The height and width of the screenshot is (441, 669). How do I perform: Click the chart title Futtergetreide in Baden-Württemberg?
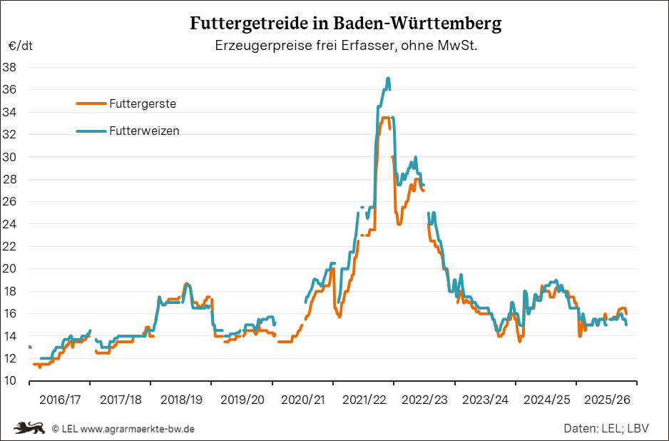pos(345,24)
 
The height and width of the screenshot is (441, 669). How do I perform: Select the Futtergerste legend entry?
pos(143,103)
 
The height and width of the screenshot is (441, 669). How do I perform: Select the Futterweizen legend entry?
pos(144,131)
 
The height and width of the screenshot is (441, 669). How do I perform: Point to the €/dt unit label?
pos(20,46)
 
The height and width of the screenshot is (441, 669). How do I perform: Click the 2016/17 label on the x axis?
pos(59,400)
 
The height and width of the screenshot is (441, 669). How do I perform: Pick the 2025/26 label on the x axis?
pos(607,400)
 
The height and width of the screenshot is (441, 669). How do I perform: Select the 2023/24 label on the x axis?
pos(485,400)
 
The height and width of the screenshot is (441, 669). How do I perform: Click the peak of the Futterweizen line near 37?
pos(387,78)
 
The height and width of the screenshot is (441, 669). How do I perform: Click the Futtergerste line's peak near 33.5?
pos(384,118)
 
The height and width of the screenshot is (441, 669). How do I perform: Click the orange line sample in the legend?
pos(91,103)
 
